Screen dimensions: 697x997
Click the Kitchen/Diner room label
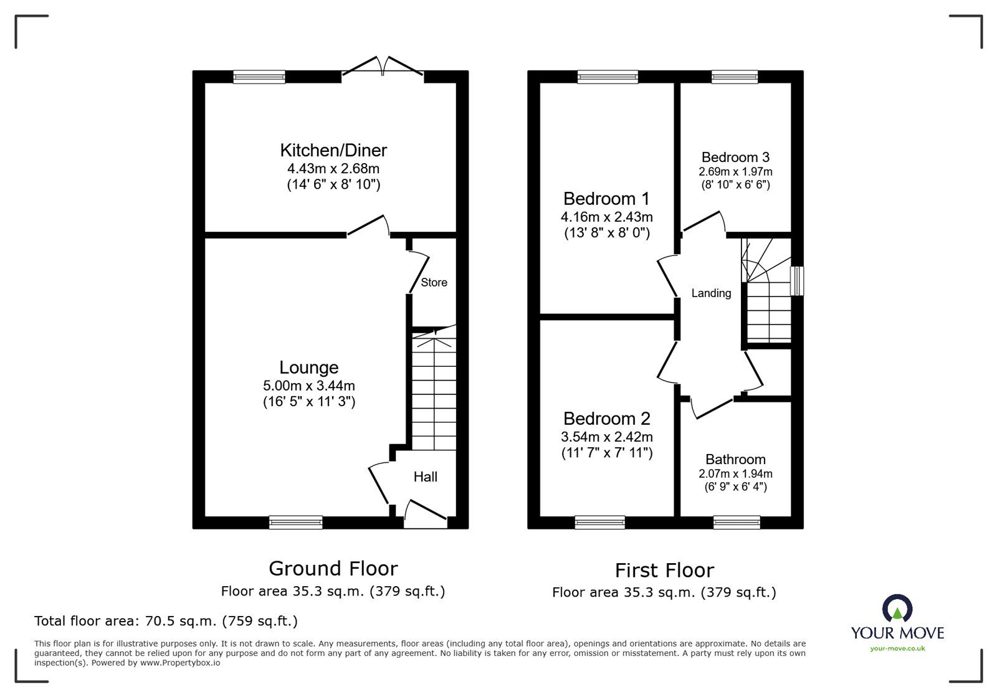[x=333, y=150]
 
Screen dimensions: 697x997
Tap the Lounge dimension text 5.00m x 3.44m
[x=309, y=386]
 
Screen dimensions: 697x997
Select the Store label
[x=434, y=283]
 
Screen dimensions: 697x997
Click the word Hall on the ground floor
[x=426, y=477]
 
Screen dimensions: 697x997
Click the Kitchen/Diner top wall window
[x=259, y=77]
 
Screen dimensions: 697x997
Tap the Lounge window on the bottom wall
[x=296, y=523]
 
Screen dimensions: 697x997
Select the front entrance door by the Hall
[x=426, y=514]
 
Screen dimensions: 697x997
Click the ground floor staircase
[x=434, y=392]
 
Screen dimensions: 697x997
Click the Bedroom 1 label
[x=606, y=199]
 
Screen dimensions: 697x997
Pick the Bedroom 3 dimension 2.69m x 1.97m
[x=735, y=171]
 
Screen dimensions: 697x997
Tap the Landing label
[x=711, y=293]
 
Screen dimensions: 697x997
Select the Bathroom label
[x=735, y=460]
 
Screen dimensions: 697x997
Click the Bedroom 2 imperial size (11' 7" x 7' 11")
[x=607, y=453]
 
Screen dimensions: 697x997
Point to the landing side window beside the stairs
[x=797, y=281]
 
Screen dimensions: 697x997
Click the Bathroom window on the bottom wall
[x=737, y=523]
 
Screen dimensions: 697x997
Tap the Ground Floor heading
[x=333, y=568]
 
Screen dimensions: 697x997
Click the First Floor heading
[x=664, y=570]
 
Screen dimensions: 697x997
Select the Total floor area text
[x=166, y=621]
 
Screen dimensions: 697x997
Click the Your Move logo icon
[x=897, y=609]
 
